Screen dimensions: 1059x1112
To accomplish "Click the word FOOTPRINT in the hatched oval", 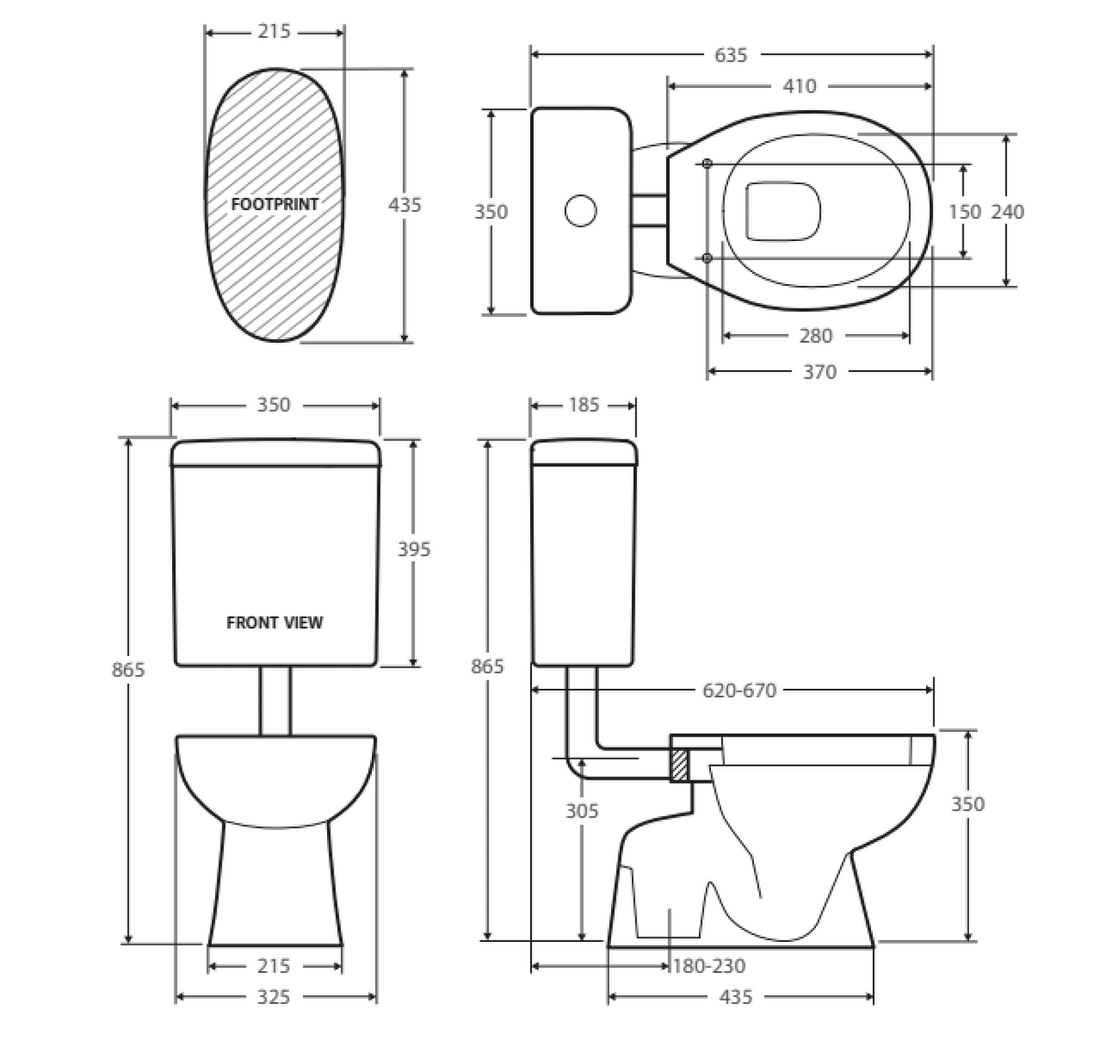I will [x=274, y=204].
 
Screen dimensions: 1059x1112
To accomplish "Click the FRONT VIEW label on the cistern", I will [x=274, y=623].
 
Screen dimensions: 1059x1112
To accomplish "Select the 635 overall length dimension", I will [x=730, y=55].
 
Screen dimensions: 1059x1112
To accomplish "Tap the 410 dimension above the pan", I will [x=799, y=86].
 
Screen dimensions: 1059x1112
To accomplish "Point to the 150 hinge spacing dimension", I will [x=964, y=212].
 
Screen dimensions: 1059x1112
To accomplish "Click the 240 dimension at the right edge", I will [x=1008, y=212].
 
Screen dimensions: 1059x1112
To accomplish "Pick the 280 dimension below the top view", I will [x=815, y=336].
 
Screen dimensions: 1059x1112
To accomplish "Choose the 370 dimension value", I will [x=819, y=372].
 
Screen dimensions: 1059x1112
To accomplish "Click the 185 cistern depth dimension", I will [x=583, y=405].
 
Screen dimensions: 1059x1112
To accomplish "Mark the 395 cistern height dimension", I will [x=413, y=550].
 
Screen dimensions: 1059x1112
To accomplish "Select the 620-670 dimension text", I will [x=739, y=691].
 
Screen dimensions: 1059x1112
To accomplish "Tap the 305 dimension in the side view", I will [x=582, y=811].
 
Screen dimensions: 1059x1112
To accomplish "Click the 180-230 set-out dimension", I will [x=709, y=966].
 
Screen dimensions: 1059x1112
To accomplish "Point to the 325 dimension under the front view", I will [x=273, y=997].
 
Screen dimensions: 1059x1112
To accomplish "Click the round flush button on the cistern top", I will [x=580, y=211].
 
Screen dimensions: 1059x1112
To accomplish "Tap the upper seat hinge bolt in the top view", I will [x=707, y=164].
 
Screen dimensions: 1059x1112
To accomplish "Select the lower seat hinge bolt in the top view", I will [x=707, y=258].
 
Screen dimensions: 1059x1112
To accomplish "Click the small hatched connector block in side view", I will [x=680, y=765].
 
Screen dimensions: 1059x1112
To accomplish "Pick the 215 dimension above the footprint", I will [x=273, y=32].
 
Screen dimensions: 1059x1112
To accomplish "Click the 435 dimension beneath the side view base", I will [x=736, y=997].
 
